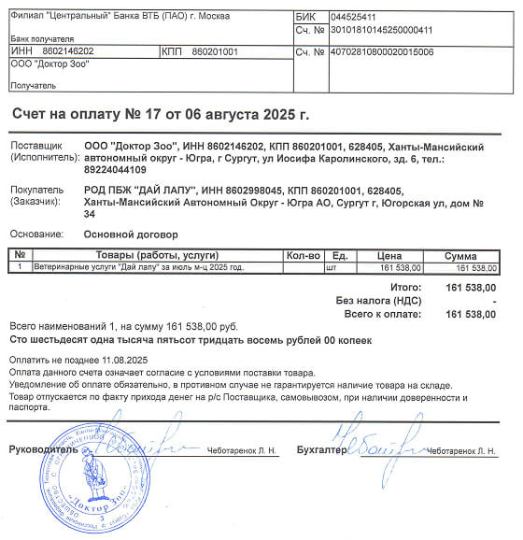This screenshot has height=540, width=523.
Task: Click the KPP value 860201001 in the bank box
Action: tap(215, 50)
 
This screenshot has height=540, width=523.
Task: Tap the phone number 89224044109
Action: tap(115, 170)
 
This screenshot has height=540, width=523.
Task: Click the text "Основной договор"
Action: tap(131, 234)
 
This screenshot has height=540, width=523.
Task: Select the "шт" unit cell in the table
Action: tap(329, 268)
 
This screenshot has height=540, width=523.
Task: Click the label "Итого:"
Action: tap(405, 288)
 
